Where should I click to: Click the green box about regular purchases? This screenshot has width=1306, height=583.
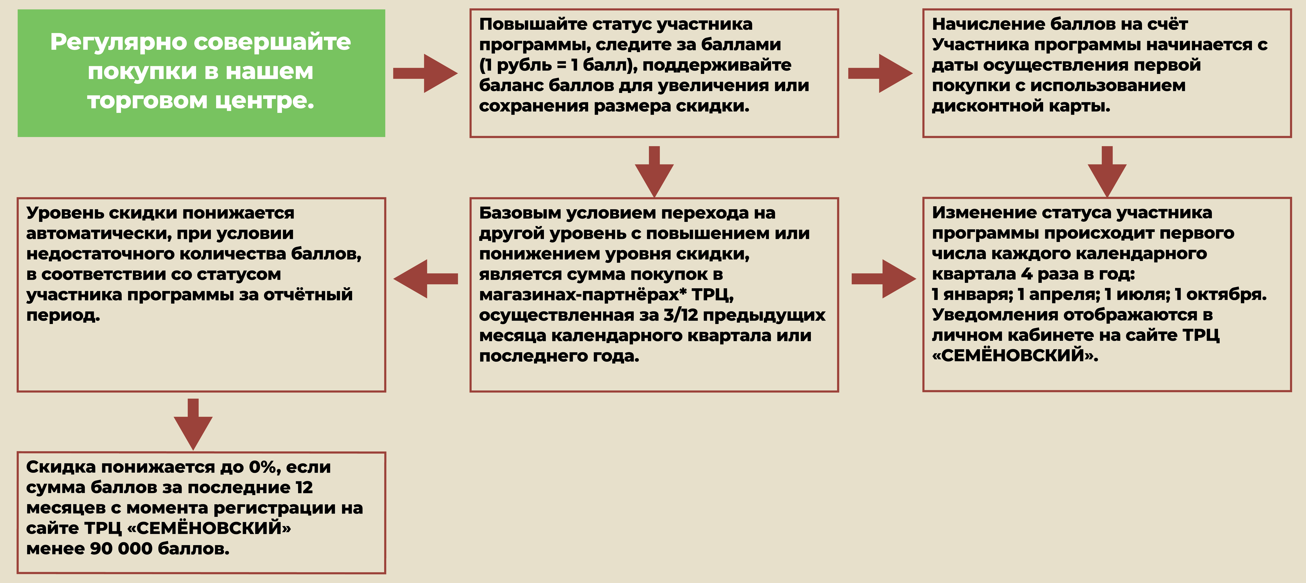pyautogui.click(x=201, y=73)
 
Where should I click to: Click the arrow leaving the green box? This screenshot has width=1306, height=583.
pyautogui.click(x=425, y=73)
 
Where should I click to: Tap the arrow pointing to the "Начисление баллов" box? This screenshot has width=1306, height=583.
pyautogui.click(x=880, y=73)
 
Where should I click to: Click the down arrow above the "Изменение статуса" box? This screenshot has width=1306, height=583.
pyautogui.click(x=1107, y=172)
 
